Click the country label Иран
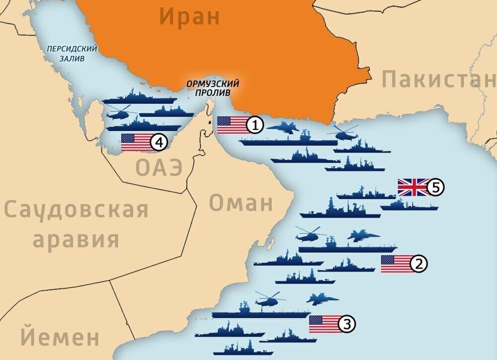click(x=189, y=17)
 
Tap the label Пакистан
click(x=439, y=79)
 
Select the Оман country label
click(x=241, y=203)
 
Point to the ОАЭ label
click(x=159, y=168)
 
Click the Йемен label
click(x=60, y=337)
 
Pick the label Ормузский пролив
click(x=213, y=88)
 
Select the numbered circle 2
click(x=419, y=264)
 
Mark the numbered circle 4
click(x=158, y=143)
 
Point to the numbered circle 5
click(x=435, y=188)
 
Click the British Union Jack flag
click(x=413, y=187)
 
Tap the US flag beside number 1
click(x=232, y=125)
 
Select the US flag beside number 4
click(x=136, y=143)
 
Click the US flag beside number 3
click(x=324, y=324)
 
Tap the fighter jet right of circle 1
click(x=283, y=128)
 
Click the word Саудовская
click(x=76, y=210)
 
